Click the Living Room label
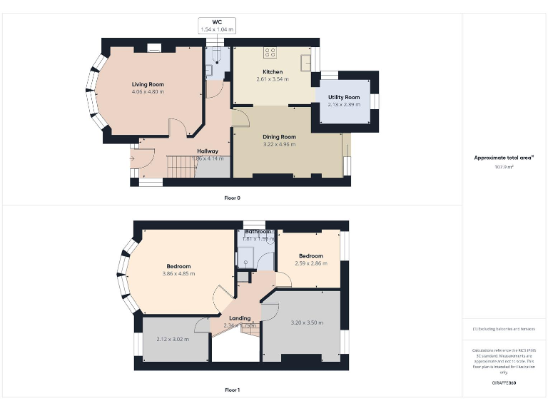pyautogui.click(x=148, y=85)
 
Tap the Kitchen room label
pyautogui.click(x=273, y=72)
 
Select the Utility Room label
pyautogui.click(x=344, y=97)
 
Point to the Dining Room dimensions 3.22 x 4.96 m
pyautogui.click(x=279, y=144)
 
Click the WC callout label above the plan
pyautogui.click(x=217, y=22)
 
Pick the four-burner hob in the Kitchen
pyautogui.click(x=270, y=51)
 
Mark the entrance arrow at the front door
pyautogui.click(x=133, y=158)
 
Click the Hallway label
pyautogui.click(x=208, y=151)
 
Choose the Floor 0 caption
pyautogui.click(x=233, y=197)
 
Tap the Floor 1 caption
pyautogui.click(x=233, y=390)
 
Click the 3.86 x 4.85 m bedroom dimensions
pyautogui.click(x=178, y=274)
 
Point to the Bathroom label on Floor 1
pyautogui.click(x=258, y=232)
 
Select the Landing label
pyautogui.click(x=240, y=318)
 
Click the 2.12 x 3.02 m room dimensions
pyautogui.click(x=173, y=339)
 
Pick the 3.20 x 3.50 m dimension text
pyautogui.click(x=307, y=323)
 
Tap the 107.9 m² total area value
pyautogui.click(x=504, y=167)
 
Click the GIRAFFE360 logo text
pyautogui.click(x=504, y=383)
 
